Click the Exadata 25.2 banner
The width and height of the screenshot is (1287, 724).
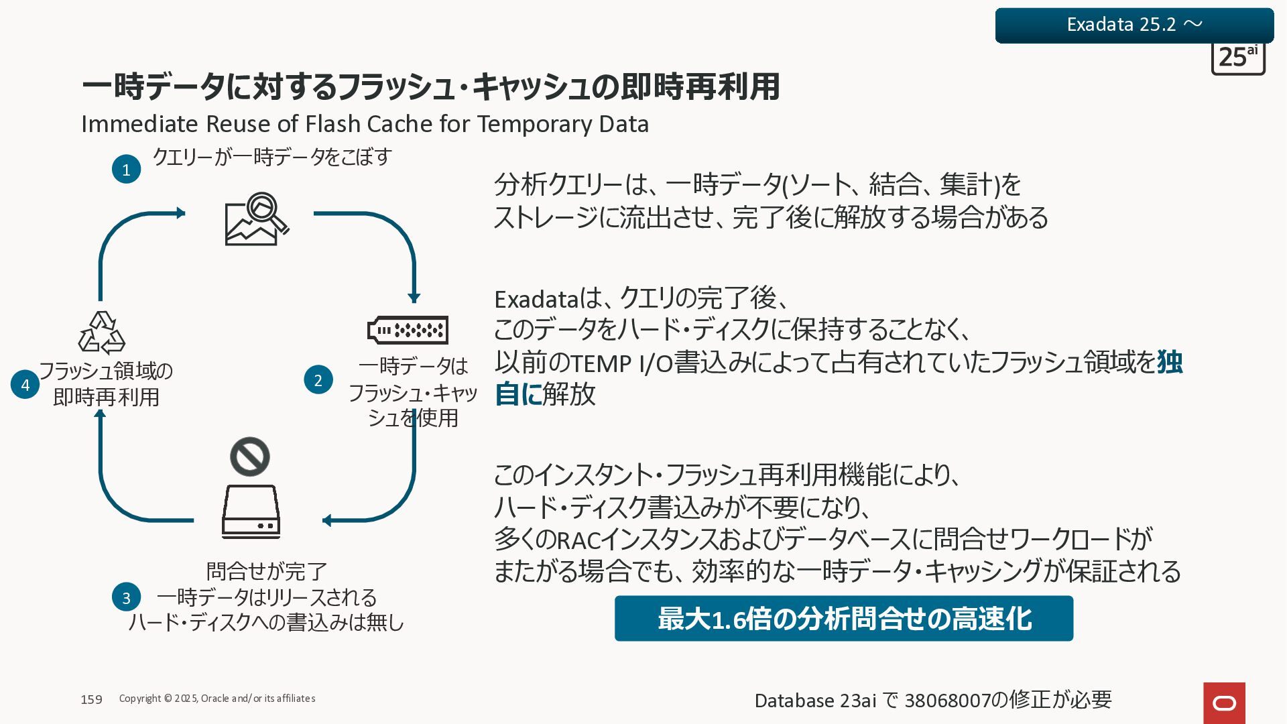tap(1134, 25)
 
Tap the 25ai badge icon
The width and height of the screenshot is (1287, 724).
tap(1238, 58)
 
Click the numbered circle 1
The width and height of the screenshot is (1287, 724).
tap(126, 170)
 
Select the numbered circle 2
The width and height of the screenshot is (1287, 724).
tap(318, 380)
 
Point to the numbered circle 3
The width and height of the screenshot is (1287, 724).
tap(126, 597)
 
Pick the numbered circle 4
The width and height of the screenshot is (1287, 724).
tap(25, 385)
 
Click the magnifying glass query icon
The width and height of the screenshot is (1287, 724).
tap(257, 219)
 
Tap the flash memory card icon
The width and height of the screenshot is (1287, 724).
tap(408, 330)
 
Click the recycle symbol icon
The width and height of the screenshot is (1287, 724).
tap(102, 333)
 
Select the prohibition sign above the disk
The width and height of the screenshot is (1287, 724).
tap(250, 457)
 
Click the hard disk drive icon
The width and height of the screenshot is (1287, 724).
tap(251, 511)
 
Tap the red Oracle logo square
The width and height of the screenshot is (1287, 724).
tap(1224, 703)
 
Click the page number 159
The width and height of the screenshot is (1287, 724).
tap(91, 699)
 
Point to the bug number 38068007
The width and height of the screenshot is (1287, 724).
tap(947, 701)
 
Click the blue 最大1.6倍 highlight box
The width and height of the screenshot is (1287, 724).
tap(843, 618)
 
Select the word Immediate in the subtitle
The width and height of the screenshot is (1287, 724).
tap(139, 124)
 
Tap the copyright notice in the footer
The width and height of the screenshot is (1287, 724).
tap(217, 699)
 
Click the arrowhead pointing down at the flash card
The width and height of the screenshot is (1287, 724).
tap(414, 297)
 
